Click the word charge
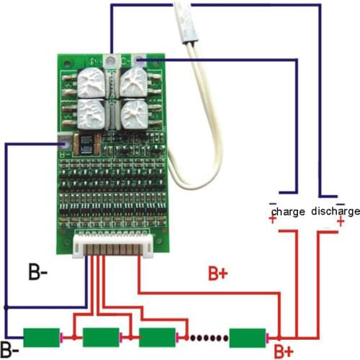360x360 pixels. [x=289, y=212]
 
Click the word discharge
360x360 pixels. [x=335, y=212]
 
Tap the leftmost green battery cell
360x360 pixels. [x=42, y=336]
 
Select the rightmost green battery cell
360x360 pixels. [x=248, y=336]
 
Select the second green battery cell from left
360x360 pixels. [x=102, y=336]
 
